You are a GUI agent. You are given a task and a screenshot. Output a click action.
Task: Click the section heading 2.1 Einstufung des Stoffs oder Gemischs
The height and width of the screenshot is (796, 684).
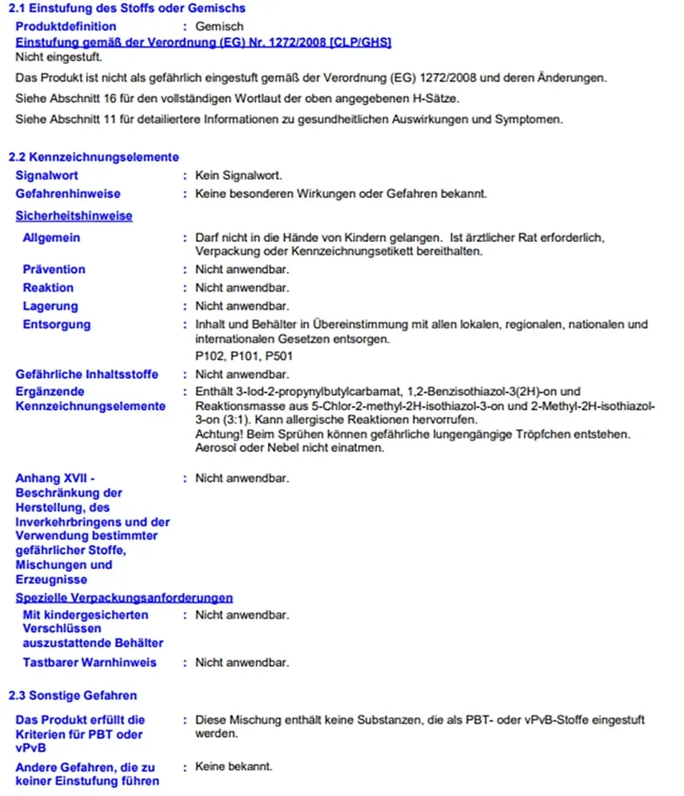[x=126, y=8]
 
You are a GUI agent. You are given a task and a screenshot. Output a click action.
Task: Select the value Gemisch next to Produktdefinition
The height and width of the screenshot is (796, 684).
[x=219, y=27]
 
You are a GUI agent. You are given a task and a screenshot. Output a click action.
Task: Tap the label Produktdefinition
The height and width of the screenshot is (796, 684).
[x=65, y=27]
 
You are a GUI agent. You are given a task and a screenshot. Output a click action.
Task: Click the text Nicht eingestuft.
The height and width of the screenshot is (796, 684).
[x=59, y=57]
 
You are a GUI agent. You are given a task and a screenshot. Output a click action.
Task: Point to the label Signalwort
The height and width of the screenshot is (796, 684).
[x=47, y=175]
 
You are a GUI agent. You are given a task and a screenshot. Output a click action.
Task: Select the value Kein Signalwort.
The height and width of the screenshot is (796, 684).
[x=239, y=175]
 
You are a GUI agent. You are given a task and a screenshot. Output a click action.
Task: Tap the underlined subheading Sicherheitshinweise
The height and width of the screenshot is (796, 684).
[x=74, y=216]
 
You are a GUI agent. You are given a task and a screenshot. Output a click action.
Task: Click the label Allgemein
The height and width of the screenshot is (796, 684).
[x=52, y=237]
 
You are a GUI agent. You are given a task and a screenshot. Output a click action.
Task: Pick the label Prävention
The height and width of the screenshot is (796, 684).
[x=54, y=269]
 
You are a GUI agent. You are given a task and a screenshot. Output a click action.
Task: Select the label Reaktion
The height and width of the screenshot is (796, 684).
[x=48, y=287]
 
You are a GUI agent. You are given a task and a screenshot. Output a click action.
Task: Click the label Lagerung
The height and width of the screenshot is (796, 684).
[x=50, y=306]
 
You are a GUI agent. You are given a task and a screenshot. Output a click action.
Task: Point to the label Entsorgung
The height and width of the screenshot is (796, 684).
[x=56, y=324]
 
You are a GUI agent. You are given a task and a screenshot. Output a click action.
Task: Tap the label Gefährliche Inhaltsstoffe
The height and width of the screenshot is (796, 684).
[x=87, y=374]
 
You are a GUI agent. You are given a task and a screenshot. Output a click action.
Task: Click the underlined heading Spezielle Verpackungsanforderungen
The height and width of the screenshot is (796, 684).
[x=124, y=597]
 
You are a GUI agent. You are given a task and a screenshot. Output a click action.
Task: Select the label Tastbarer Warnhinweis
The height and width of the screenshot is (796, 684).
[x=90, y=662]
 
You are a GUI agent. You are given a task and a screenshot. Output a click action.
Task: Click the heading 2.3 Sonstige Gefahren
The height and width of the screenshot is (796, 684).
[x=72, y=695]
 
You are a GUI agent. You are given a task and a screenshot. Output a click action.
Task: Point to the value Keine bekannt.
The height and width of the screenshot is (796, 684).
[x=234, y=766]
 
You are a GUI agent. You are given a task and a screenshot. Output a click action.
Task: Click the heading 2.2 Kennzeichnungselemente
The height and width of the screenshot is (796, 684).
[x=93, y=157]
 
